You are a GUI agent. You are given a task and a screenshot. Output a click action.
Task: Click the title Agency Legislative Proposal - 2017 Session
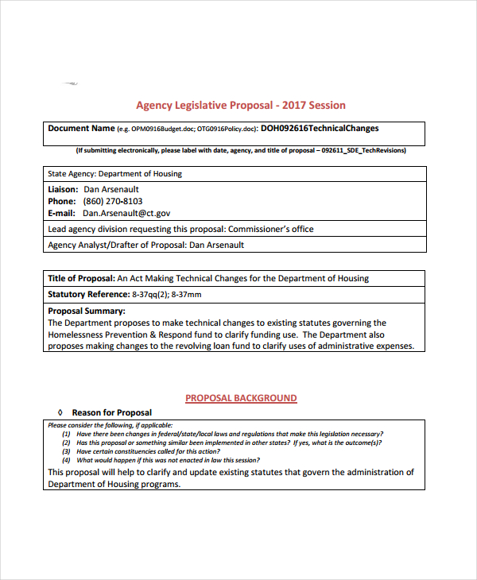tap(240, 105)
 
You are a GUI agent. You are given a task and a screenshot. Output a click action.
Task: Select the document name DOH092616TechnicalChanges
tap(320, 128)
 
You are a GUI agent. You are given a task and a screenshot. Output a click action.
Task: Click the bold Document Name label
tap(81, 128)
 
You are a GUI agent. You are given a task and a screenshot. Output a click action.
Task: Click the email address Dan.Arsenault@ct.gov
tap(126, 214)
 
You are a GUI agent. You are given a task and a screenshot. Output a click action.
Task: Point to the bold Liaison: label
tap(63, 190)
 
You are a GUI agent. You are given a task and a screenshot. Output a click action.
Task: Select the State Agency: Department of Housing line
tap(114, 174)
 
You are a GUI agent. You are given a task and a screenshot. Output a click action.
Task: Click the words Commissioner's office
tap(271, 230)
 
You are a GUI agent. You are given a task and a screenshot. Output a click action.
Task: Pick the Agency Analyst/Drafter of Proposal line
tap(145, 246)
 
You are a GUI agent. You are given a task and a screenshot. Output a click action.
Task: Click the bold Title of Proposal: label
tap(81, 279)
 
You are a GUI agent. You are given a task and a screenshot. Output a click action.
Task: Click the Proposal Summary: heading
tap(86, 311)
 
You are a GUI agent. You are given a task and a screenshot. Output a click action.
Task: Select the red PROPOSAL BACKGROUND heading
tap(241, 398)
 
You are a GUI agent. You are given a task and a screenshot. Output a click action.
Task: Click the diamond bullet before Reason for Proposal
tap(60, 413)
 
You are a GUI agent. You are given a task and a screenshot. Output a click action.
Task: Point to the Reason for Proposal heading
tap(111, 413)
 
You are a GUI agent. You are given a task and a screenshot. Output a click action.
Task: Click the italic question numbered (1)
tap(223, 435)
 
